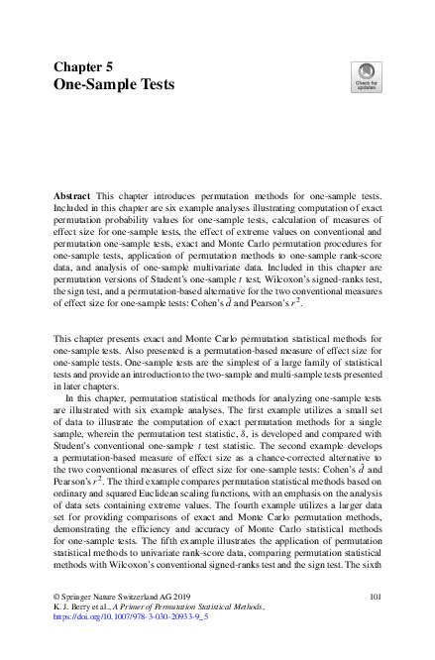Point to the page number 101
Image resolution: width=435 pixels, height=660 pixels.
tap(375, 597)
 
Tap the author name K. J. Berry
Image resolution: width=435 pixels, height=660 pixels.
tap(69, 606)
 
